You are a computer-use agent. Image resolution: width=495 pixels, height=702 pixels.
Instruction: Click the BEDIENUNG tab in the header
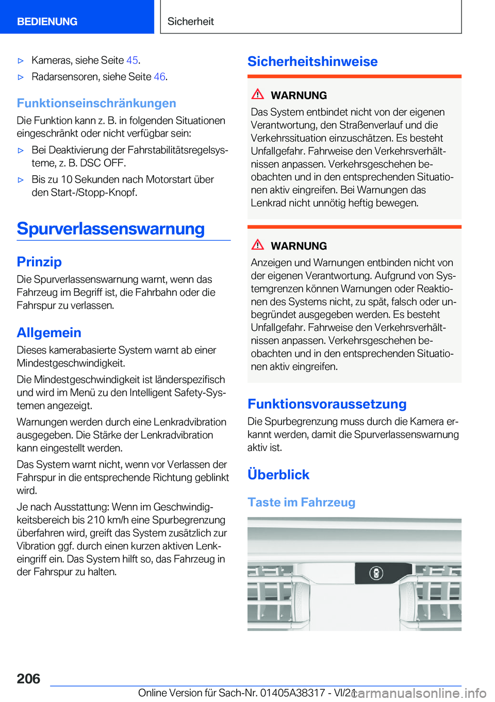pos(47,22)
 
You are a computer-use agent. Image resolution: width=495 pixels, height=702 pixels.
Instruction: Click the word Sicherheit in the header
pos(190,22)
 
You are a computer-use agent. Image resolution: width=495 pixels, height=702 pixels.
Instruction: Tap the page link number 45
pos(132,60)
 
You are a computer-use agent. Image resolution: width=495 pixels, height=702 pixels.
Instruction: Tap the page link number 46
pos(159,77)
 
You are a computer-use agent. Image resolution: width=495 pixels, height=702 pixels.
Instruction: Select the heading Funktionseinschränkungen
pos(96,103)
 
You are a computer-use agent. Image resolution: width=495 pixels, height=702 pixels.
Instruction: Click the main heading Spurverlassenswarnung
pos(111,228)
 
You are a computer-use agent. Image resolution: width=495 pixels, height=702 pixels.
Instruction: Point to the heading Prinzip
pos(39,262)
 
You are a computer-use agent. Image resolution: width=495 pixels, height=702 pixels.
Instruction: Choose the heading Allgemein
pos(49,332)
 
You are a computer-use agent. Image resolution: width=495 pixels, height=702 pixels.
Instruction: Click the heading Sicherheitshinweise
pos(312,61)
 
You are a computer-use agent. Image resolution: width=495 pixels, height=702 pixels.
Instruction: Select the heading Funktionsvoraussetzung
pos(327,404)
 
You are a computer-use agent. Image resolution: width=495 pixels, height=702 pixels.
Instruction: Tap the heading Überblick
pos(278,474)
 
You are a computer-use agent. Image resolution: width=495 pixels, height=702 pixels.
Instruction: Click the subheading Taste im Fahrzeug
pos(301,502)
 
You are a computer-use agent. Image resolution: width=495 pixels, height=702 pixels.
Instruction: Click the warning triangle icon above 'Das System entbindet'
pos(258,94)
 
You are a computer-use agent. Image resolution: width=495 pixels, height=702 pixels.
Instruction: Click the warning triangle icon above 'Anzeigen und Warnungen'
pos(258,245)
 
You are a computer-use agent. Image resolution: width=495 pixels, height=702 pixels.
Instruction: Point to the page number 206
pos(28,678)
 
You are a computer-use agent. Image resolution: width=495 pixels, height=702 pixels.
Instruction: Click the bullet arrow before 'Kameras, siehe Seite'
pos(21,61)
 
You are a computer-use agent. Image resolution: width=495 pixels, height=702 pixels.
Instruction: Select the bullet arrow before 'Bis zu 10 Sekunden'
pos(21,180)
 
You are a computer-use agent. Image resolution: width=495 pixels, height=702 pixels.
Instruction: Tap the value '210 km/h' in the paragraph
pos(107,520)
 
